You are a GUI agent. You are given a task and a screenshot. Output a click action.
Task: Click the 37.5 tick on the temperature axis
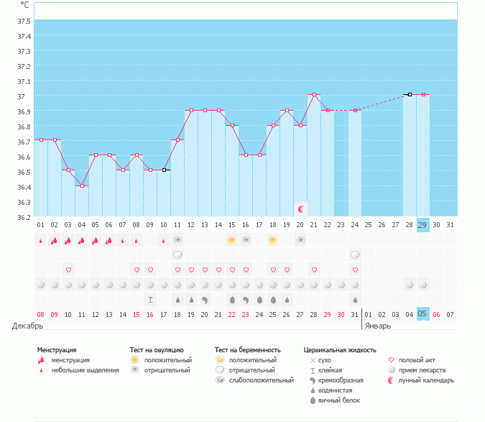[x=24, y=35]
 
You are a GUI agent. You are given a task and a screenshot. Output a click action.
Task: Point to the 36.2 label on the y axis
[x=24, y=217]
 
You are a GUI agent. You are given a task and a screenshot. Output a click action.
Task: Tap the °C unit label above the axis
[x=24, y=4]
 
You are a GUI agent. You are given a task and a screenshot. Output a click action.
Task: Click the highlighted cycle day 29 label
[x=423, y=224]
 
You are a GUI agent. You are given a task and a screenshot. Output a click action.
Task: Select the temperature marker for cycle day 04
[x=82, y=185]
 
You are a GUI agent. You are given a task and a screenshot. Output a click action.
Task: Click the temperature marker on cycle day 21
[x=314, y=94]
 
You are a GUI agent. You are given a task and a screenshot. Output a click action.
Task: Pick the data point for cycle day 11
[x=177, y=139]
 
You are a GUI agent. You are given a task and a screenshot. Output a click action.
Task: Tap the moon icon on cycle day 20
[x=302, y=208]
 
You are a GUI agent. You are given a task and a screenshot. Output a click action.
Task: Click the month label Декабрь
[x=27, y=326]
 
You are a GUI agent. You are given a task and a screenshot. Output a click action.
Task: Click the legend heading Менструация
[x=57, y=350]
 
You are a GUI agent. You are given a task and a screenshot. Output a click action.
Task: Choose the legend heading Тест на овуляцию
[x=157, y=350]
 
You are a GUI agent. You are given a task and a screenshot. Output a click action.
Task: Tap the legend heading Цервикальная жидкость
[x=340, y=350]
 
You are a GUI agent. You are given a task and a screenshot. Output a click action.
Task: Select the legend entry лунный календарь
[x=428, y=380]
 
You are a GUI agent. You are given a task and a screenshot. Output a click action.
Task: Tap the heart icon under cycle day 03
[x=68, y=270]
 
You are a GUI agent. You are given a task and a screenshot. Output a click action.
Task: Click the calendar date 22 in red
[x=232, y=314]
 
